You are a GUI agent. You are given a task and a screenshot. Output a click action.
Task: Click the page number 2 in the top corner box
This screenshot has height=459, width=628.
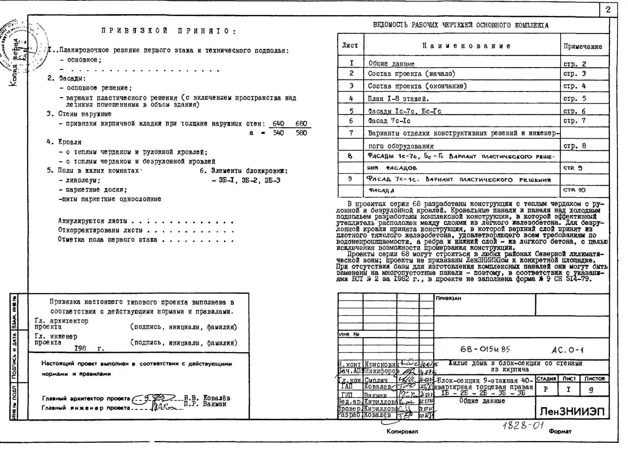608,10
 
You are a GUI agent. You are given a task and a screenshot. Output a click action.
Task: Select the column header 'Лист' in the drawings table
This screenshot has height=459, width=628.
350,45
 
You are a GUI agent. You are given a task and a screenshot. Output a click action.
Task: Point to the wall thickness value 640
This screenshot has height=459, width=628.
278,123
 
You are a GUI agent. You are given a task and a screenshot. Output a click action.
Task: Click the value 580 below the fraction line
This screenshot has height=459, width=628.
301,133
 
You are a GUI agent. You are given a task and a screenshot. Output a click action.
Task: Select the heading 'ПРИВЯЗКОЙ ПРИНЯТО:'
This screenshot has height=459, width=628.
169,31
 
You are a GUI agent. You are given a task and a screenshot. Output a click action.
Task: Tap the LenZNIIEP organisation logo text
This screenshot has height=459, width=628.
572,411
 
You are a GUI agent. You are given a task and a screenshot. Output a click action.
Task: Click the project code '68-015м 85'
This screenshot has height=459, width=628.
485,349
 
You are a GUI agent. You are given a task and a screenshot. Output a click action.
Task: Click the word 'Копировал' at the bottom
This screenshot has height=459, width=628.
402,431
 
